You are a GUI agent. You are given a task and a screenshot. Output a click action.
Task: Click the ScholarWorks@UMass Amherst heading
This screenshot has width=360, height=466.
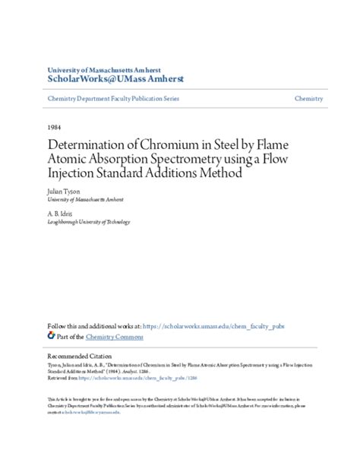coord(115,78)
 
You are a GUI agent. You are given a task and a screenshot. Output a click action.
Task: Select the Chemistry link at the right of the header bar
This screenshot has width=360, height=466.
coord(309,99)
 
